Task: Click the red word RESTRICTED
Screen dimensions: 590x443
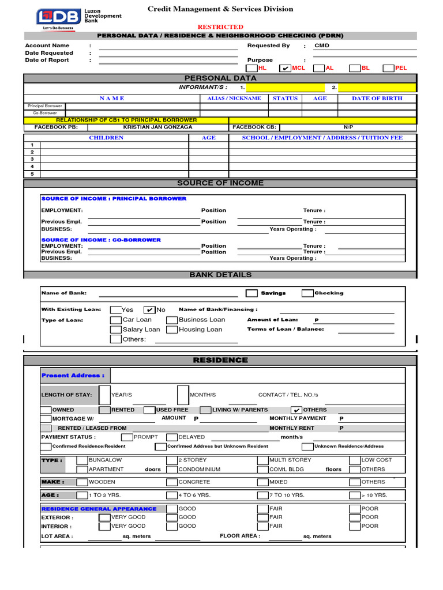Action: (x=220, y=27)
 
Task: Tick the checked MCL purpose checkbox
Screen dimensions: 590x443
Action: (x=285, y=68)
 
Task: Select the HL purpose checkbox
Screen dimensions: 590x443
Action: (x=252, y=68)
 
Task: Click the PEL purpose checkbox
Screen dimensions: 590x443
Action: (x=388, y=68)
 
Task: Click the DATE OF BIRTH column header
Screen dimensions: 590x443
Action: (x=377, y=99)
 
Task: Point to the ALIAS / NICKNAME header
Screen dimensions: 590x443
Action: (x=234, y=99)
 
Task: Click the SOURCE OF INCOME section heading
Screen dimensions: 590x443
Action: (x=220, y=183)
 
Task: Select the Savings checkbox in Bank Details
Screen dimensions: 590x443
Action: (x=251, y=293)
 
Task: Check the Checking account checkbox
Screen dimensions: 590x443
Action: (x=307, y=293)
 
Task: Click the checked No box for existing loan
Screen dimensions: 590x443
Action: (x=149, y=310)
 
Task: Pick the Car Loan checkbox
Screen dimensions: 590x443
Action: (x=115, y=320)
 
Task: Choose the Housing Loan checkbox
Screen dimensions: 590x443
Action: (x=171, y=330)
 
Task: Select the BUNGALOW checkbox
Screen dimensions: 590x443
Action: (x=81, y=460)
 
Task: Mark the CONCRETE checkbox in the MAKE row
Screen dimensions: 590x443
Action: (x=171, y=482)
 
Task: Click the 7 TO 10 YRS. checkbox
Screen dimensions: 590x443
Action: (x=262, y=495)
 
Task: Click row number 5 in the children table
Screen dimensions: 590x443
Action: (x=32, y=174)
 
